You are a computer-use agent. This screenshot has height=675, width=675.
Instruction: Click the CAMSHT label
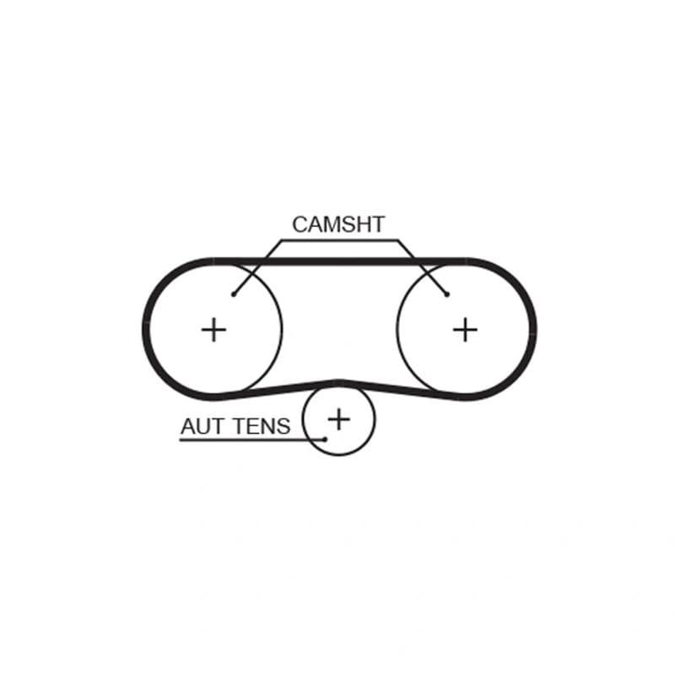click(x=338, y=224)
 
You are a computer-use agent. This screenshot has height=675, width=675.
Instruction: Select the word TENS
click(x=262, y=427)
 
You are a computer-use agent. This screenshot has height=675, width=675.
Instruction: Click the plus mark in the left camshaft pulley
click(x=214, y=330)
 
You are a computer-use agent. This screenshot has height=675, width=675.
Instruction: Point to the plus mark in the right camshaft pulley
click(x=466, y=330)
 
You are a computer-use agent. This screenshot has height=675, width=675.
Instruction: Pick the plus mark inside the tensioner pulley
click(x=339, y=419)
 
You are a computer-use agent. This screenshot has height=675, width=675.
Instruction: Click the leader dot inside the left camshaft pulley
click(x=234, y=294)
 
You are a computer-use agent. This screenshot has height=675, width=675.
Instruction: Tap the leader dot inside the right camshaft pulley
click(x=447, y=294)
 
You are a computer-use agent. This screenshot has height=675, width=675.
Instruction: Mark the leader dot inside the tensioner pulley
click(x=326, y=440)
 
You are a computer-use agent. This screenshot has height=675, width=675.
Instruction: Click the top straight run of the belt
click(x=340, y=262)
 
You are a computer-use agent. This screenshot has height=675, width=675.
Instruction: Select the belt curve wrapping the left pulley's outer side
click(x=146, y=329)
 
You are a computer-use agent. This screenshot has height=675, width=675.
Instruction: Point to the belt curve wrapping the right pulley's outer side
click(x=533, y=329)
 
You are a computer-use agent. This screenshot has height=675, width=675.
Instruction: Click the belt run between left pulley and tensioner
click(x=276, y=390)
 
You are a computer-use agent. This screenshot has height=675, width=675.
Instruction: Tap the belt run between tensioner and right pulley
click(x=402, y=390)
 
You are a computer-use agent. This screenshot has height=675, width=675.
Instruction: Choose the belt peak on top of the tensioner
click(x=339, y=382)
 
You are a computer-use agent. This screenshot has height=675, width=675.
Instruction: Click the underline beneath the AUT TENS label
click(x=252, y=440)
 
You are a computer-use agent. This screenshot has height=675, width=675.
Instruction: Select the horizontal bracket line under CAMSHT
click(x=340, y=240)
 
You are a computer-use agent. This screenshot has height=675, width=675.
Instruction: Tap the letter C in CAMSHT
click(x=300, y=224)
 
